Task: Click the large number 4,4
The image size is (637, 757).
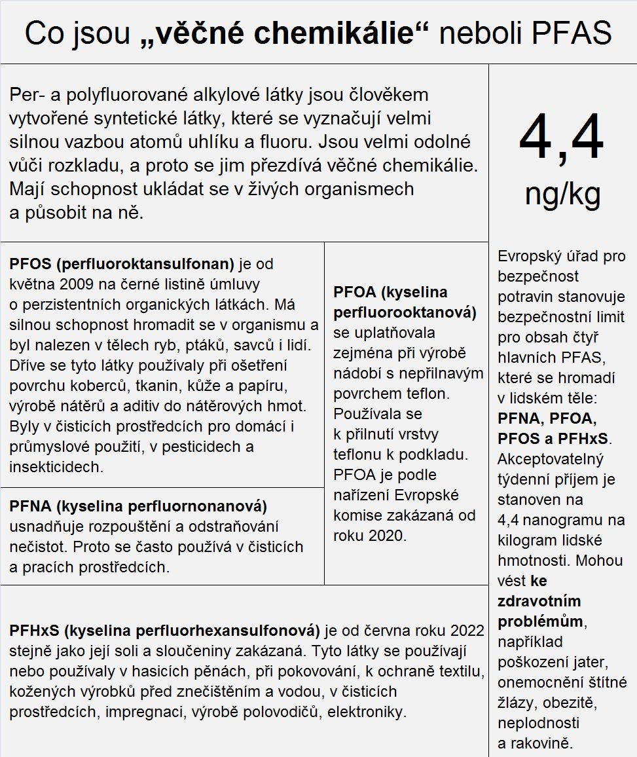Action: pos(562,138)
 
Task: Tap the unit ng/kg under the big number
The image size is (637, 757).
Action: pos(562,194)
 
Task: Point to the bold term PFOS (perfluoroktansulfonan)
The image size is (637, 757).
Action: pos(122,264)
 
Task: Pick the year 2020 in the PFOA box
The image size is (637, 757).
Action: pos(388,536)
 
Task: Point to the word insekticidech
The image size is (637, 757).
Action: pos(56,467)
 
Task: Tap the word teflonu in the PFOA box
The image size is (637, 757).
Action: pos(357,454)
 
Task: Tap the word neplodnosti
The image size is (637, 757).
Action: pos(538,723)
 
